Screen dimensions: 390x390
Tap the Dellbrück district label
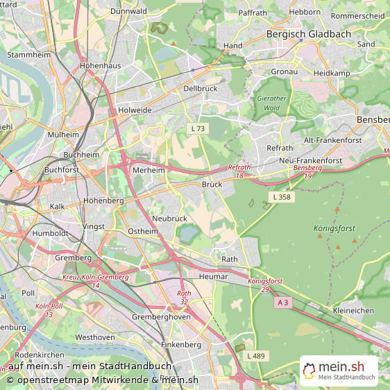click(x=201, y=89)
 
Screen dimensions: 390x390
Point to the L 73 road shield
click(x=198, y=129)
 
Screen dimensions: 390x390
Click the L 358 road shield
click(x=281, y=198)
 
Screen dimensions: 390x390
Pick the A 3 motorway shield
click(x=282, y=303)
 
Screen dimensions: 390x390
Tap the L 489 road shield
click(x=255, y=356)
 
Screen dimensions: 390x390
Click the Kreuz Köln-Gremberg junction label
click(x=95, y=277)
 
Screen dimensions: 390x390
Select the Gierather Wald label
click(x=271, y=103)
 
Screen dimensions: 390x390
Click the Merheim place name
click(x=148, y=170)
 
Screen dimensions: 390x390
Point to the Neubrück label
click(x=169, y=218)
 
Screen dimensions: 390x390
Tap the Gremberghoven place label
click(x=162, y=316)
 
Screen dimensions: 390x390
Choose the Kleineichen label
click(x=353, y=310)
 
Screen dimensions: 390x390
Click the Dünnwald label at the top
click(x=128, y=11)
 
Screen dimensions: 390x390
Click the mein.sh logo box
click(x=339, y=371)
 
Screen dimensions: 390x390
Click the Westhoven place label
click(x=94, y=337)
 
